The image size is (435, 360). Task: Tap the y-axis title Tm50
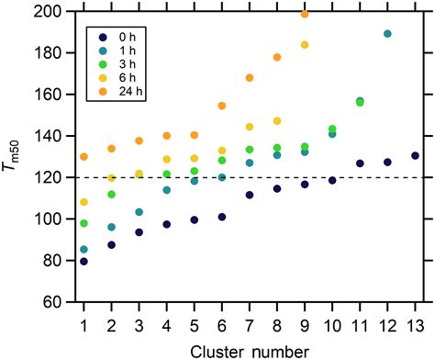[16, 156]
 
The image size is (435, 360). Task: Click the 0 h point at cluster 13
[415, 156]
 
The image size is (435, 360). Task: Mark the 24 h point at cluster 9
[305, 14]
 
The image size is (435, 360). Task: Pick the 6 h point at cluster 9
[305, 45]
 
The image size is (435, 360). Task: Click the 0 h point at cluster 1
[84, 261]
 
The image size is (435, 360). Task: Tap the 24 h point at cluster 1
[84, 157]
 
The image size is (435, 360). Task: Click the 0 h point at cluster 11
[360, 163]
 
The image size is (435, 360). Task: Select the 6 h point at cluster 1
[84, 202]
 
